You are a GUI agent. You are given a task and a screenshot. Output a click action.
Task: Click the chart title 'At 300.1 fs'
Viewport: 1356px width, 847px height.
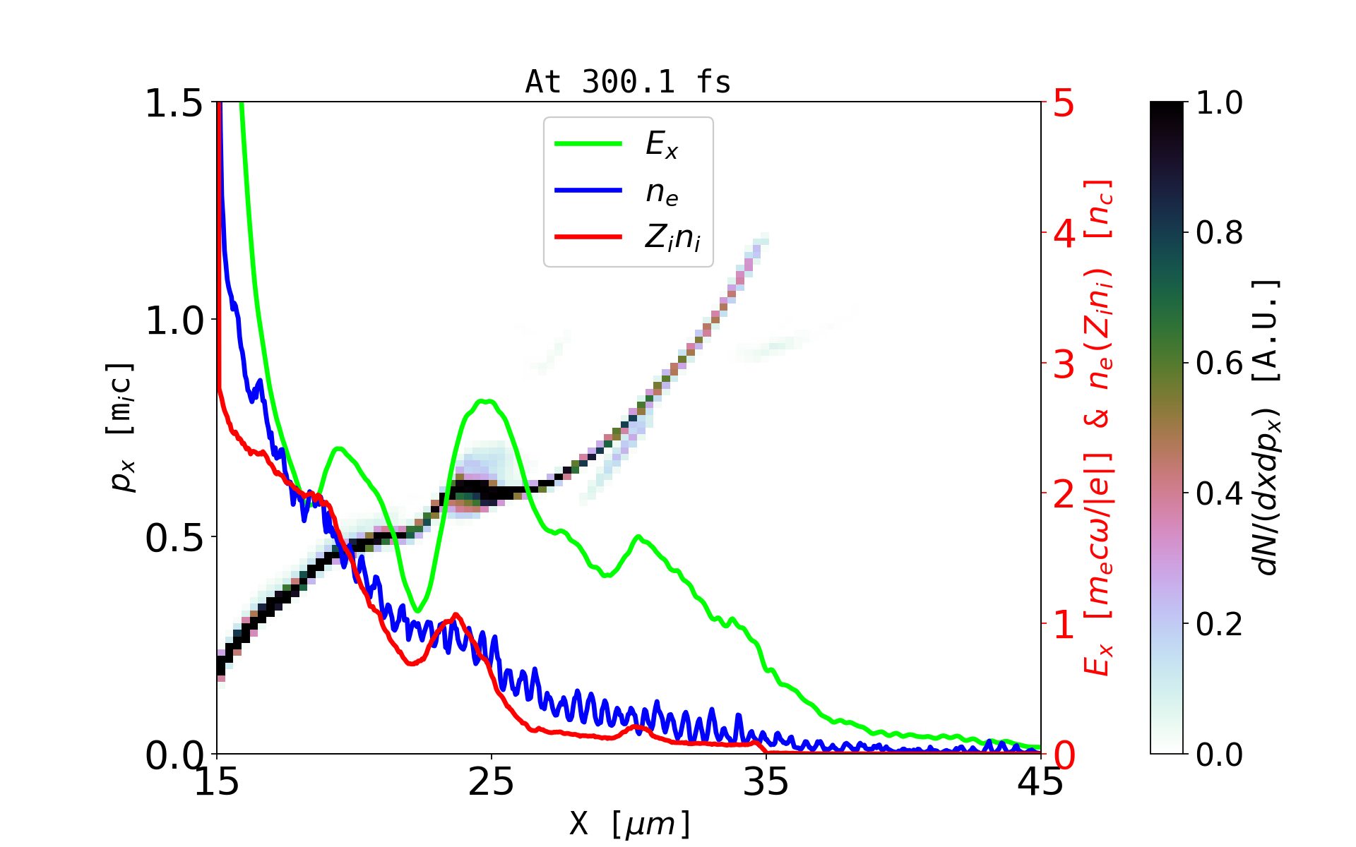tap(628, 82)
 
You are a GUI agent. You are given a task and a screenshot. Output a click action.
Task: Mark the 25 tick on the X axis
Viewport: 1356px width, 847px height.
tap(492, 782)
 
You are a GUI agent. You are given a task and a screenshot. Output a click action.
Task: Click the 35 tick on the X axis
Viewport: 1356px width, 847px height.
tap(766, 782)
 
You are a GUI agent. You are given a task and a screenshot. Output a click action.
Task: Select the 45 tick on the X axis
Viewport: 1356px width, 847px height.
tap(1041, 782)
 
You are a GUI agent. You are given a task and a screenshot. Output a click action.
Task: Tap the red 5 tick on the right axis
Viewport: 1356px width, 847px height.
tap(1064, 103)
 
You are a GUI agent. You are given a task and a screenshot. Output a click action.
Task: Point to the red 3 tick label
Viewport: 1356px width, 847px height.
tap(1064, 364)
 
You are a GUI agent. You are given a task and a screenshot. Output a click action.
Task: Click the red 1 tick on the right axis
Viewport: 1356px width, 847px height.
tap(1064, 625)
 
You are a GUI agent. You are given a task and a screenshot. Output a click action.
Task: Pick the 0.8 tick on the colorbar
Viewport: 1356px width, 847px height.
tap(1219, 233)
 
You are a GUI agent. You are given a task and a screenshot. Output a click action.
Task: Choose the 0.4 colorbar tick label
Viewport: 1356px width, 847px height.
tap(1219, 494)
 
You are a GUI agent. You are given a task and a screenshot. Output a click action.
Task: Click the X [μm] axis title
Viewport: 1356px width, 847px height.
tap(630, 823)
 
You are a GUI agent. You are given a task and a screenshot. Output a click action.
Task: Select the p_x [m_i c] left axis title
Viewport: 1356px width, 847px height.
tap(121, 427)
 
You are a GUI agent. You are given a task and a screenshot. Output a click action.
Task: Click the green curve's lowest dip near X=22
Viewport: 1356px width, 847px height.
tap(418, 611)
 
